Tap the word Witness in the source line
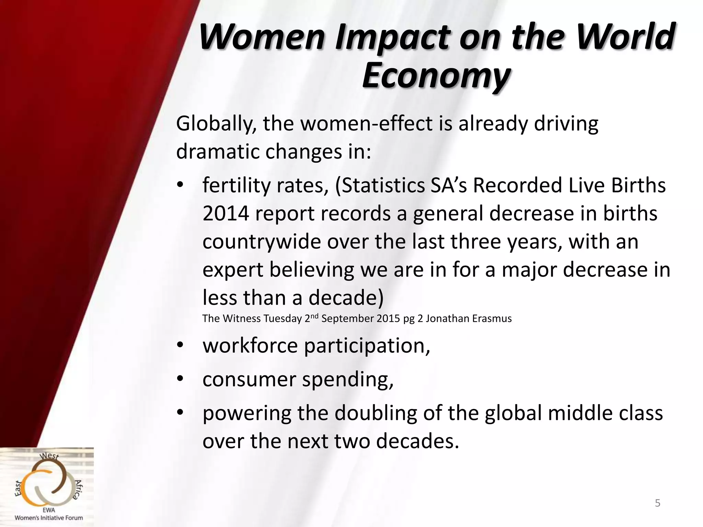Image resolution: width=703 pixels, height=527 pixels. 242,319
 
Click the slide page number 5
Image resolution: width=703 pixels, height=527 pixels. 657,503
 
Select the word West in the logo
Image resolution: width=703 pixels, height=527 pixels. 50,457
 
